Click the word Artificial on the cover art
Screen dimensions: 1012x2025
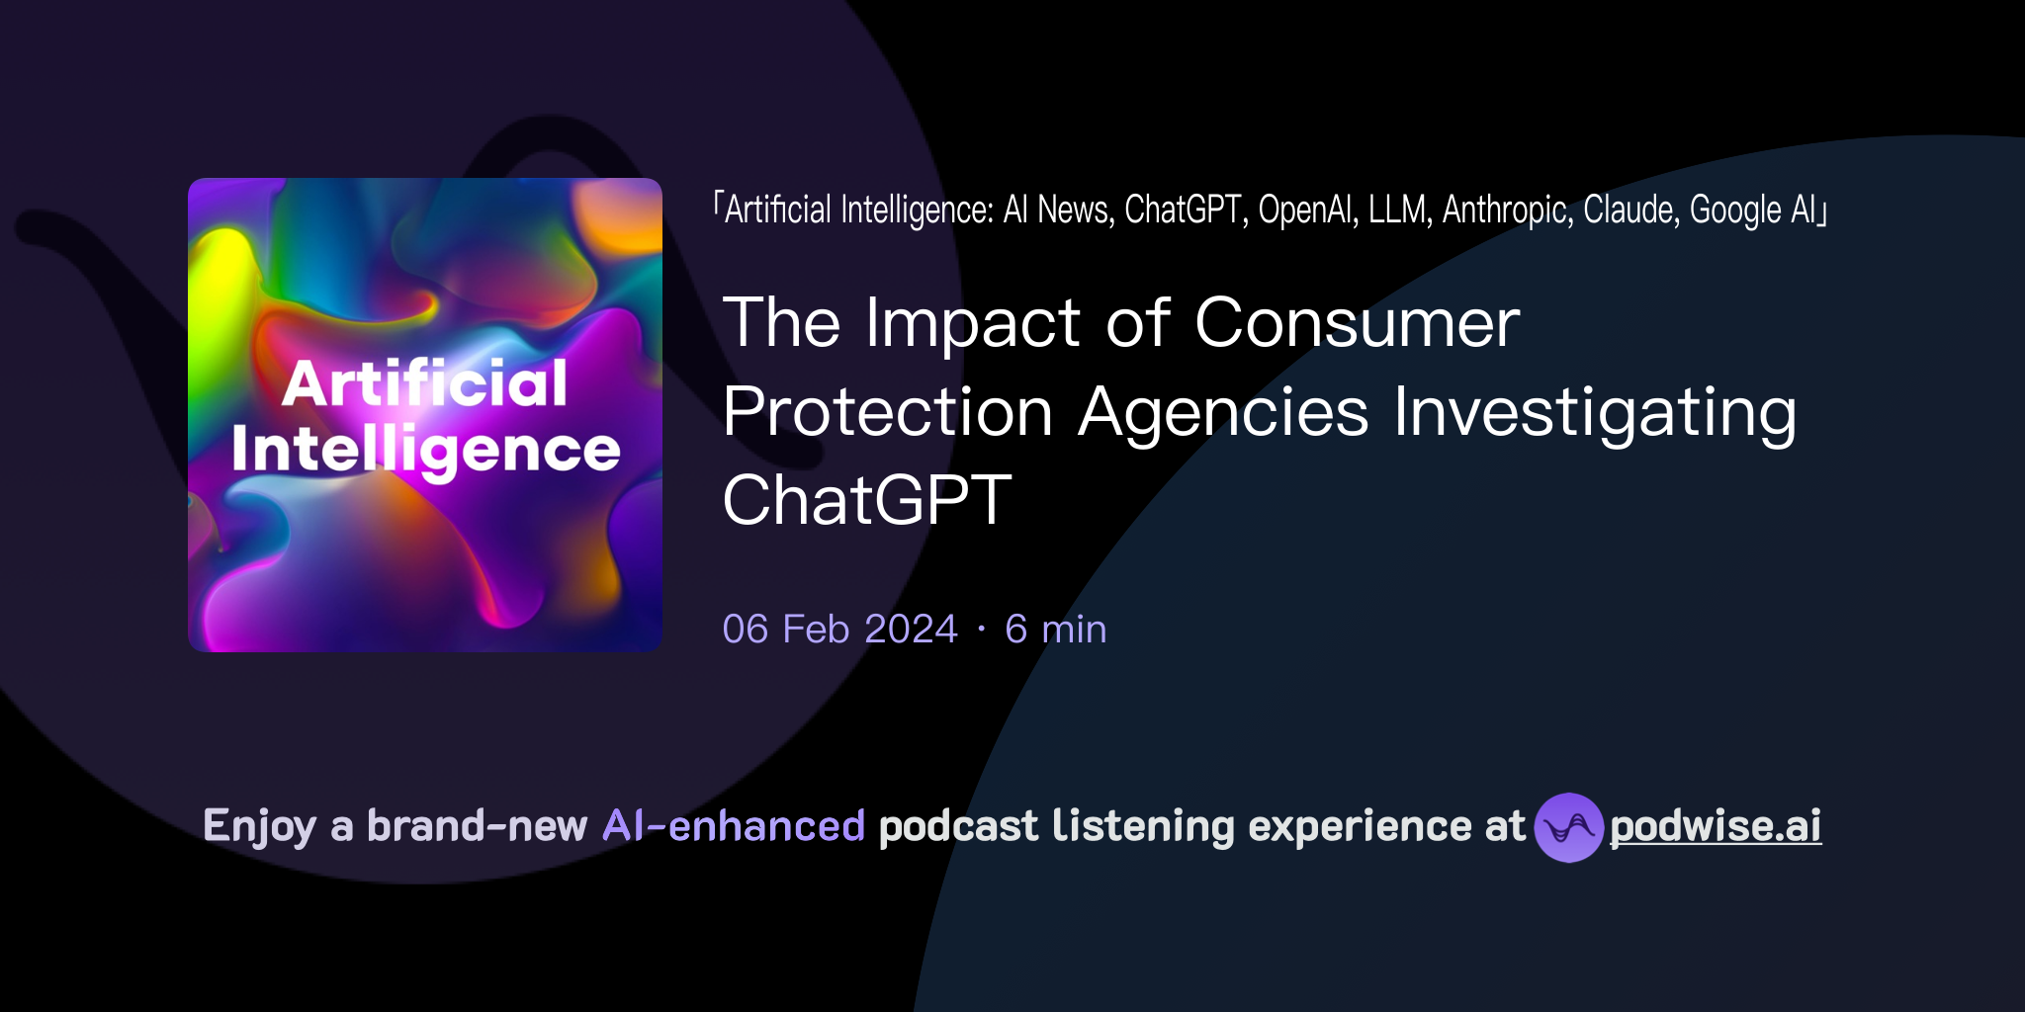click(x=425, y=383)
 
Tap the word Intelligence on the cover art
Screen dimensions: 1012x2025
click(x=425, y=451)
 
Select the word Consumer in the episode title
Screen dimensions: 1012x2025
click(x=1357, y=323)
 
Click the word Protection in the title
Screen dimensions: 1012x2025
click(x=887, y=412)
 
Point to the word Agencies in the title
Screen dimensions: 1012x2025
click(x=1223, y=412)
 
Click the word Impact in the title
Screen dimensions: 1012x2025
click(x=972, y=325)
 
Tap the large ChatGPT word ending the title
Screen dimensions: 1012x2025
click(x=867, y=500)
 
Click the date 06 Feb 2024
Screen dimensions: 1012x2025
click(x=839, y=630)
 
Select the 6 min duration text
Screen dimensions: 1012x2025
click(x=1055, y=630)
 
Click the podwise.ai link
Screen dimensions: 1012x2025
click(x=1715, y=826)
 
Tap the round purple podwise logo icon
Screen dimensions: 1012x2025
click(x=1568, y=827)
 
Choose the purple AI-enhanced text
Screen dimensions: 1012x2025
click(x=734, y=826)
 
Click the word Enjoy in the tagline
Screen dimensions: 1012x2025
click(x=259, y=827)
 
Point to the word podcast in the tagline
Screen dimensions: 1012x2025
click(x=958, y=826)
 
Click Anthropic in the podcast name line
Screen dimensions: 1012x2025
click(x=1507, y=210)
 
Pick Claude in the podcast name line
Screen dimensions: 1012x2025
click(x=1630, y=210)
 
